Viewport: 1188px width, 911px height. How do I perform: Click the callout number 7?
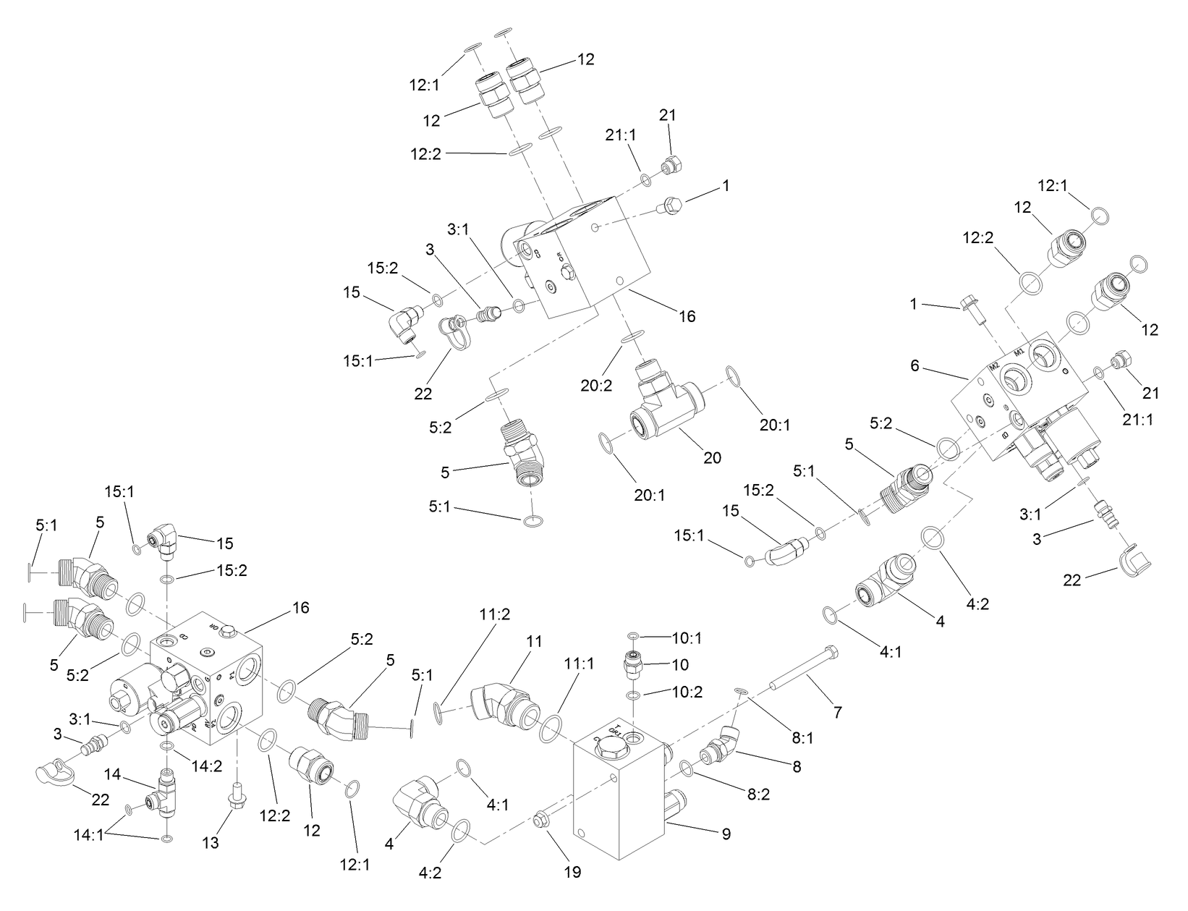click(x=837, y=712)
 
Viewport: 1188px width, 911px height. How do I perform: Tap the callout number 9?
click(x=726, y=834)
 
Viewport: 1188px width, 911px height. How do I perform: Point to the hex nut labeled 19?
click(x=539, y=821)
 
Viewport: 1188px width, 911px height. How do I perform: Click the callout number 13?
click(x=211, y=842)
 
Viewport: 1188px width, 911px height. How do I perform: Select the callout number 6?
click(x=915, y=366)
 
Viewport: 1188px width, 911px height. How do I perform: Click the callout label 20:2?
click(x=596, y=385)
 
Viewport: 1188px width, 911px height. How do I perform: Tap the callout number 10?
click(x=680, y=664)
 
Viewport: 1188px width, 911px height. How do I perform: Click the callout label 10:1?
click(x=687, y=638)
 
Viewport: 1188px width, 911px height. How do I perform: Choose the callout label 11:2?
click(x=495, y=615)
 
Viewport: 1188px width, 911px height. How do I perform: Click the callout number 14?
click(x=111, y=774)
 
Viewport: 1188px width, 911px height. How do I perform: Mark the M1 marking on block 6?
click(x=1019, y=352)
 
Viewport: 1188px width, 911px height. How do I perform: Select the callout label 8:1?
click(x=802, y=719)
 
